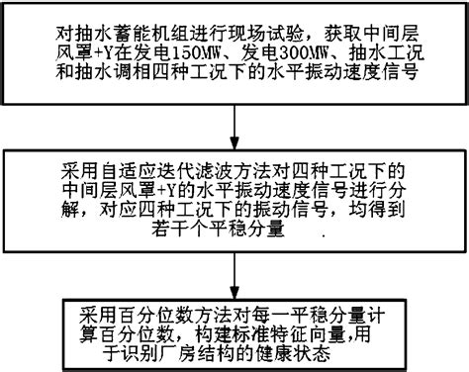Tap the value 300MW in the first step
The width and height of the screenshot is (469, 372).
(x=280, y=49)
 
